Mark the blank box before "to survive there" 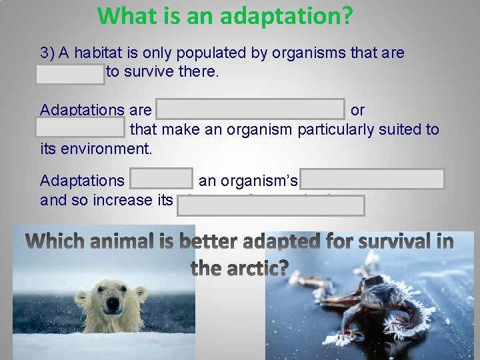click(71, 74)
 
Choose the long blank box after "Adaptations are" click(250, 109)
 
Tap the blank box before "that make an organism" click(81, 127)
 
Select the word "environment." click(96, 147)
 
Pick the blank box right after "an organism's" click(372, 179)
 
